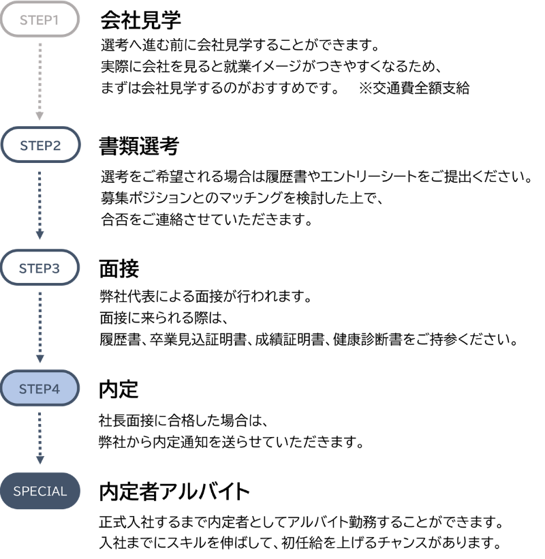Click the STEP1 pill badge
point(40,20)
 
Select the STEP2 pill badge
point(40,145)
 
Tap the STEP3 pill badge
point(40,268)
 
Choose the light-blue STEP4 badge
point(40,389)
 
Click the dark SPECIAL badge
point(40,491)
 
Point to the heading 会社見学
point(141,20)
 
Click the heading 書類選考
point(139,146)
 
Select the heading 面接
point(119,269)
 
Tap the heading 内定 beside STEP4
point(119,389)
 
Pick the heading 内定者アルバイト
point(174,492)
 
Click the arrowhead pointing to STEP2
point(40,116)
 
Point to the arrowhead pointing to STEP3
point(40,235)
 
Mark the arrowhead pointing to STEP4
point(40,359)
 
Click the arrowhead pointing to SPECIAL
point(40,460)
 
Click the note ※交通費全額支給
point(414,88)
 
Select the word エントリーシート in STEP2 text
point(369,177)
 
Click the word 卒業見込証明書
point(198,339)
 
